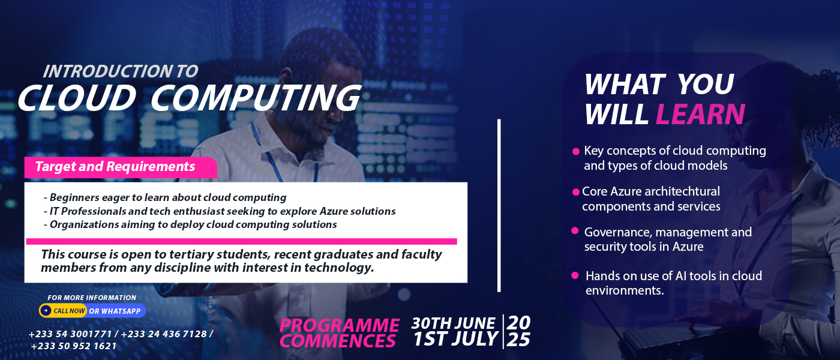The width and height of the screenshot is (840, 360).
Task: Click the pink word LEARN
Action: point(700,114)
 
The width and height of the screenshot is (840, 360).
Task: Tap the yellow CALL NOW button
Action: point(63,311)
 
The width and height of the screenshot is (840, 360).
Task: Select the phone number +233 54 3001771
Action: point(70,334)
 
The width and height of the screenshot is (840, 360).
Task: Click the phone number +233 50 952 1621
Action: point(73,346)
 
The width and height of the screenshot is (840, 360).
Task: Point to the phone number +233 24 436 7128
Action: point(164,334)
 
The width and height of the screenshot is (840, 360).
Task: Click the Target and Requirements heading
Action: point(115,167)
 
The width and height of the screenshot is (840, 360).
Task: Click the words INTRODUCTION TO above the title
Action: point(121,71)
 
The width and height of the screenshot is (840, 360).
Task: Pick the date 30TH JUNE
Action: point(453,323)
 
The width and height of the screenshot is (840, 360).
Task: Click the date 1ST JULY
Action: point(455,338)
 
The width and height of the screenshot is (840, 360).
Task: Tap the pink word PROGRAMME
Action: point(340,325)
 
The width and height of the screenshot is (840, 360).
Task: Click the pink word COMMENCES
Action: point(337,341)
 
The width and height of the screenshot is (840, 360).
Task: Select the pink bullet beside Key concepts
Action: point(576,151)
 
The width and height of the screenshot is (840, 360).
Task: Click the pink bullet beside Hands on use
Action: point(575,275)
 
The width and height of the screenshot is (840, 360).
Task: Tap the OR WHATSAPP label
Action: point(115,311)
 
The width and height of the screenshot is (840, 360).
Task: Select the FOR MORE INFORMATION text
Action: point(92,298)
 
